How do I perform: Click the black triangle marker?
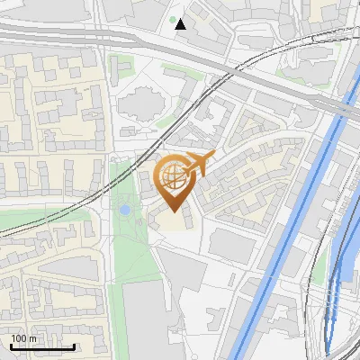tap(181, 24)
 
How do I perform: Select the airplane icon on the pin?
tap(199, 165)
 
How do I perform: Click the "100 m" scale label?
tap(23, 338)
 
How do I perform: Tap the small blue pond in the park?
tap(124, 210)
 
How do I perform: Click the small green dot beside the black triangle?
tap(172, 19)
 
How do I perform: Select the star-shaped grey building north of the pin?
tap(139, 104)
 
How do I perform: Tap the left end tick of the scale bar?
tap(11, 346)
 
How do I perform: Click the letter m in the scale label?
tap(32, 338)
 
